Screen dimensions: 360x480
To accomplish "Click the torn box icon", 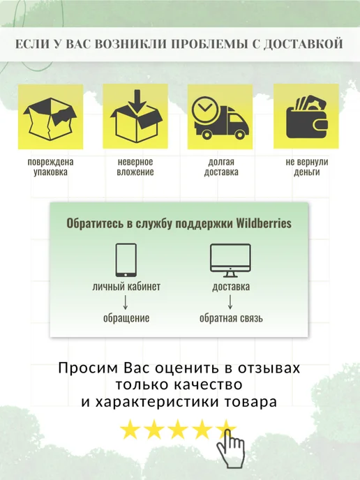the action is click(x=50, y=119).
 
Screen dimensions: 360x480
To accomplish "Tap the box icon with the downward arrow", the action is click(x=136, y=117).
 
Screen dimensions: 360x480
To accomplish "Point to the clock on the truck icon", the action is click(x=205, y=110).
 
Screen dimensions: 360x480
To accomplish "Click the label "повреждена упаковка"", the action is click(x=50, y=167).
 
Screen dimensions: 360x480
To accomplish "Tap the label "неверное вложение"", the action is click(x=135, y=167).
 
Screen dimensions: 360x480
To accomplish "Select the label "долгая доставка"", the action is click(x=221, y=167).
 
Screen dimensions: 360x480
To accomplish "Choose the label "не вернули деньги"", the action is click(x=307, y=167).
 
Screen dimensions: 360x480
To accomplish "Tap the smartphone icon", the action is click(x=126, y=260).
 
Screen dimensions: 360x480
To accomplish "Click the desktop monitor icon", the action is click(x=230, y=260).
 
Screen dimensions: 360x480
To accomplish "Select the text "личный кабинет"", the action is click(x=126, y=287).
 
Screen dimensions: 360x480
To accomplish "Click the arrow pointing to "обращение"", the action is click(x=125, y=302).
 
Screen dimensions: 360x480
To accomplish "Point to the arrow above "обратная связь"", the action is click(x=230, y=302).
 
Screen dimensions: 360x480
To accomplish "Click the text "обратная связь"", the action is click(x=231, y=318).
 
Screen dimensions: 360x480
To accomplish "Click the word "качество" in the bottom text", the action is click(x=209, y=384).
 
